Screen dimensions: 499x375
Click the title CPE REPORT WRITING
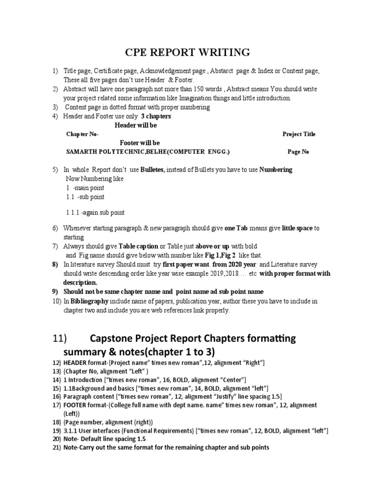tap(188, 52)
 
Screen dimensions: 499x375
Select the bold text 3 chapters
tap(156, 116)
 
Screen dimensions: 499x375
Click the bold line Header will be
tap(136, 125)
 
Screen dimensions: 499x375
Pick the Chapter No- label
tap(82, 134)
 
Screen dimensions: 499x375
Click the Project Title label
tap(299, 134)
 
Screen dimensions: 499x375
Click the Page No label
tap(298, 152)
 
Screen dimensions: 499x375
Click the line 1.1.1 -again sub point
tap(95, 212)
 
